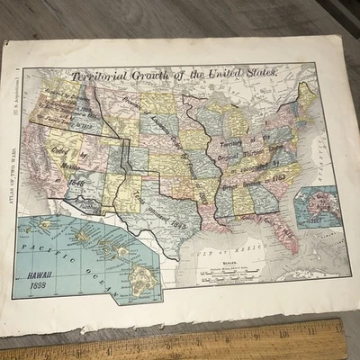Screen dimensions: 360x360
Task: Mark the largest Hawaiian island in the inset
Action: click(x=140, y=282)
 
